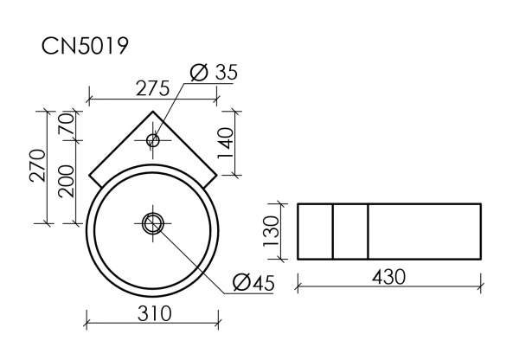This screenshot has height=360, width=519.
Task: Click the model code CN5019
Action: [x=86, y=46]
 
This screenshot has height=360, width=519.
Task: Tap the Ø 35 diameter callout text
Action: [x=213, y=73]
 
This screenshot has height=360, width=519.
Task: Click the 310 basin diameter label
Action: [x=154, y=314]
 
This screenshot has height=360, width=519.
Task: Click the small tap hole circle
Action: [x=153, y=140]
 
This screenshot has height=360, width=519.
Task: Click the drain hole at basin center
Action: [x=153, y=223]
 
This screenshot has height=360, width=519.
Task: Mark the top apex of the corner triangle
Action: [x=154, y=111]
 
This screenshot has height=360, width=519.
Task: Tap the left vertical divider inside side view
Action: [x=333, y=231]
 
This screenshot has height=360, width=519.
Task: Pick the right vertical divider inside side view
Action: [x=368, y=231]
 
